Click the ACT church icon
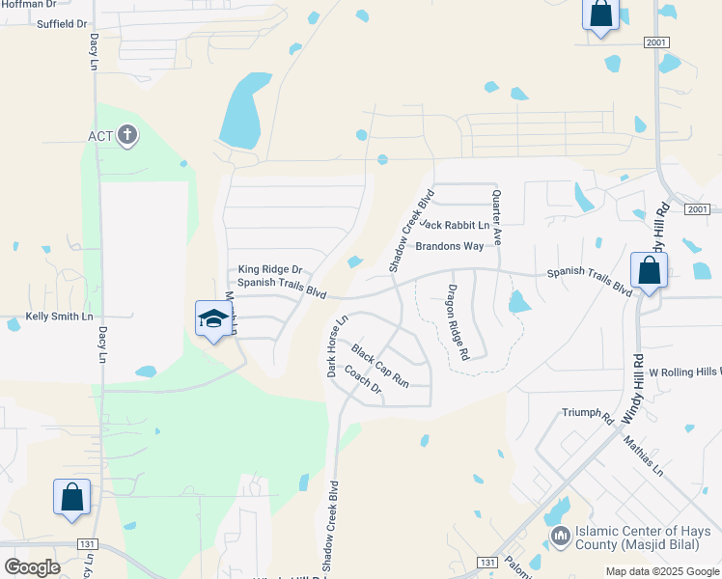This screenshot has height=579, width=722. coord(126,135)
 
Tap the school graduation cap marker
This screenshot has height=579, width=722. coord(212,319)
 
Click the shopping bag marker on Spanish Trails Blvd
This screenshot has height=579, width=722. coord(650,271)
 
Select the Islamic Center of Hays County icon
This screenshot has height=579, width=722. coord(560,535)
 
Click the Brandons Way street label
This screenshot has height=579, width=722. coord(449,246)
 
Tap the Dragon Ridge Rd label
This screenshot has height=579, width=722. coord(457,323)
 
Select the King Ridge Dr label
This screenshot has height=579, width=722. coord(270,270)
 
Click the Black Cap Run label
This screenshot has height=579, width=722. coord(379,366)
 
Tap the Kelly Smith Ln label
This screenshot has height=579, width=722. coord(59,317)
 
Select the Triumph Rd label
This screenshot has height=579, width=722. coord(588,415)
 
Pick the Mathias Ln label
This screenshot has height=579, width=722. coord(643,456)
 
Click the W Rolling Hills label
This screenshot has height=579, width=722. coord(684,372)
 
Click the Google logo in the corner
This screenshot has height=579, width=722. coord(32,567)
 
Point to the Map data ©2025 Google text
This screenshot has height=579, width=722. coord(661,571)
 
